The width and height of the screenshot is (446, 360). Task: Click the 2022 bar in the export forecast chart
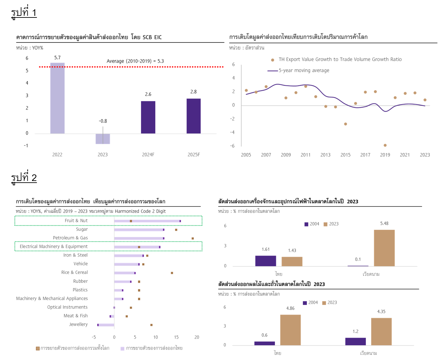tap(57, 98)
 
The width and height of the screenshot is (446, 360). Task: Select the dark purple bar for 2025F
tap(193, 116)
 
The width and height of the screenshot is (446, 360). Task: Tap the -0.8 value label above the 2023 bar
tap(103, 121)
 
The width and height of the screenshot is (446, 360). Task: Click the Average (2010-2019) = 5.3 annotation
tap(135, 61)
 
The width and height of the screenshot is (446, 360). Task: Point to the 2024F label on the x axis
tap(148, 155)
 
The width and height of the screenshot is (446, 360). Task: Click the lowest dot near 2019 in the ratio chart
tap(385, 145)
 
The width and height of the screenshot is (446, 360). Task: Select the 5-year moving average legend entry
tap(304, 70)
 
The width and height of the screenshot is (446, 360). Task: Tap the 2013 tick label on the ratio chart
tap(325, 155)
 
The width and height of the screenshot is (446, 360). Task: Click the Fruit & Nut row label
tap(76, 221)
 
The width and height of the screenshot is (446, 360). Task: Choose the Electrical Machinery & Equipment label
tap(54, 246)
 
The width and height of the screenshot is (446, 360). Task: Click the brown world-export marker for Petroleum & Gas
tap(193, 238)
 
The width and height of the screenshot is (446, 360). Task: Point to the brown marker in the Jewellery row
tap(151, 325)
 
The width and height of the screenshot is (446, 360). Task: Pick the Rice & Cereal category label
tap(74, 272)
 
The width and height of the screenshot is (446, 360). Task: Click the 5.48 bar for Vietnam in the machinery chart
tap(384, 248)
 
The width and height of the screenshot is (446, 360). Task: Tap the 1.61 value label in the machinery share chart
tap(266, 249)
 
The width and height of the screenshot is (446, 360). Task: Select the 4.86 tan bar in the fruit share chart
tap(290, 330)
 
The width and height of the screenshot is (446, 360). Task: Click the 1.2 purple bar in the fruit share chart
tap(355, 342)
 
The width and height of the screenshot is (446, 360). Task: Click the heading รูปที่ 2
tap(24, 178)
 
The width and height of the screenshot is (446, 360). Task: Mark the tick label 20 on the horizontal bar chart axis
tap(197, 337)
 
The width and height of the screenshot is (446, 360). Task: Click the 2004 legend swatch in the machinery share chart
tap(306, 224)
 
